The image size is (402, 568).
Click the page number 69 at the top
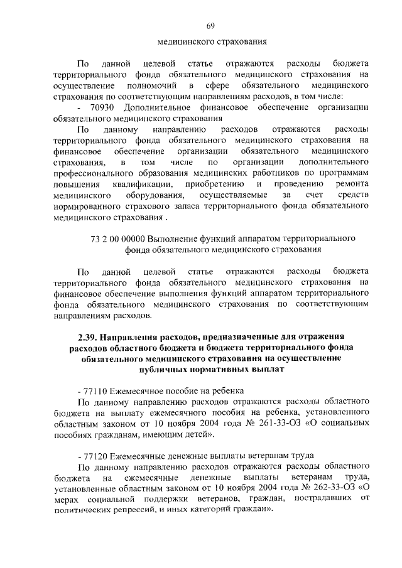[x=210, y=25]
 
